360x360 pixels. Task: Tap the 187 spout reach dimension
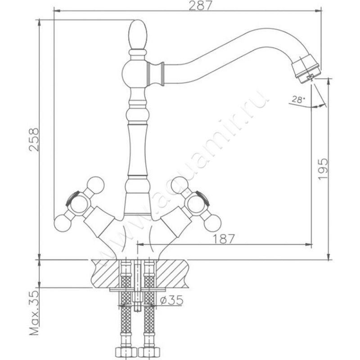(224, 239)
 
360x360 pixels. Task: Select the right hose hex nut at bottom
(148, 351)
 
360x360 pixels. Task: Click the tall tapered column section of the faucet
(137, 148)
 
